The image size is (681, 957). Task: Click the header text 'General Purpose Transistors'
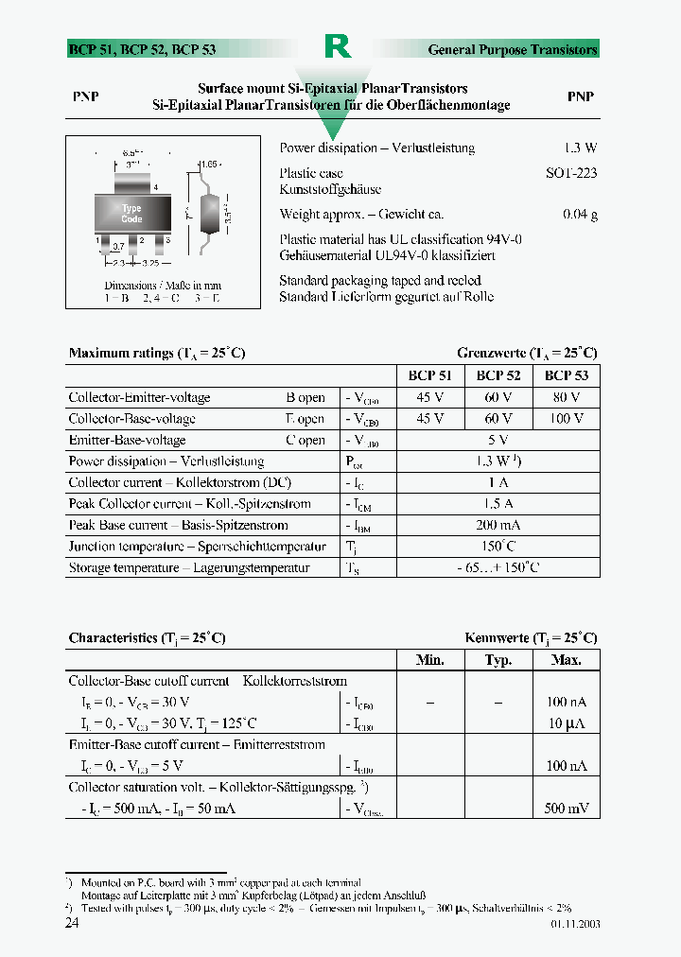pos(513,49)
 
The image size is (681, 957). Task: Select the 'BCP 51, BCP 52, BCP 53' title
pos(129,49)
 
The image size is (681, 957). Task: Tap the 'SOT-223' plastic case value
pos(571,174)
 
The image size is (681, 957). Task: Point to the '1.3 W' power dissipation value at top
pos(580,148)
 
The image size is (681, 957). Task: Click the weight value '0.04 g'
pos(580,215)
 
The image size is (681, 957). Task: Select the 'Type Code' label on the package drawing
pos(131,214)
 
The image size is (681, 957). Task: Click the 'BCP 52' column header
pos(498,375)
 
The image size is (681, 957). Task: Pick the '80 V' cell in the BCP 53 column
pos(566,397)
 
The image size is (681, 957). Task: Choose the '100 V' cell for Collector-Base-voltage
pos(566,418)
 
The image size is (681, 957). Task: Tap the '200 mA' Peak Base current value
pos(498,525)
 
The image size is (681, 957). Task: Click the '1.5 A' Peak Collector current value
pos(498,504)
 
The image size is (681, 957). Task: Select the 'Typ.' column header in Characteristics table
pos(498,660)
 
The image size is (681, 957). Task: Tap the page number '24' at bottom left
pos(72,924)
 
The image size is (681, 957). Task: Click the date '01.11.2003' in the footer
pos(573,924)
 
